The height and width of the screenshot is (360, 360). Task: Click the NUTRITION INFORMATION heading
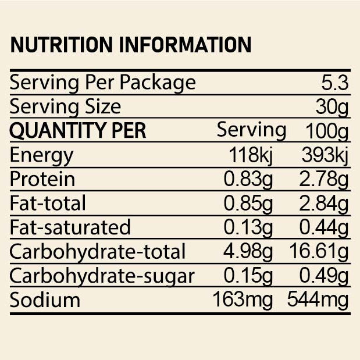click(131, 45)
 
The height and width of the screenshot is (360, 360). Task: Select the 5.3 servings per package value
click(334, 83)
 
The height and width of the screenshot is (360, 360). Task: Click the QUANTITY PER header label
click(78, 131)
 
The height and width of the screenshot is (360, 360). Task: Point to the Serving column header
click(251, 130)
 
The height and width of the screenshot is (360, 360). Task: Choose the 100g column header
click(326, 131)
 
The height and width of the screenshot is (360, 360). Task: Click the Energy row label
click(42, 155)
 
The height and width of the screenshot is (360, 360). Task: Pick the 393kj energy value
click(325, 155)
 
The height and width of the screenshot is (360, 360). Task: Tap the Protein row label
click(42, 179)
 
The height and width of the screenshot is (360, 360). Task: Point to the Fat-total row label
click(48, 203)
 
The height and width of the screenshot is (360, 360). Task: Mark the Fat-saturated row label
click(70, 227)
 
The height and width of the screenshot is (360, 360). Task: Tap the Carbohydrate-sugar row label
click(102, 276)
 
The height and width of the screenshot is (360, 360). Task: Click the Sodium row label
click(45, 300)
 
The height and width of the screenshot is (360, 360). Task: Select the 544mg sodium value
click(318, 300)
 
